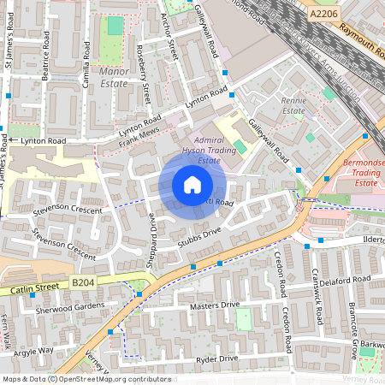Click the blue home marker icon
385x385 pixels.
192,185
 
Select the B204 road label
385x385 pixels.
82,282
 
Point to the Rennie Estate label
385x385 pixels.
293,105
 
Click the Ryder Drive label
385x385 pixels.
216,359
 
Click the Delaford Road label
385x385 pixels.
343,279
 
